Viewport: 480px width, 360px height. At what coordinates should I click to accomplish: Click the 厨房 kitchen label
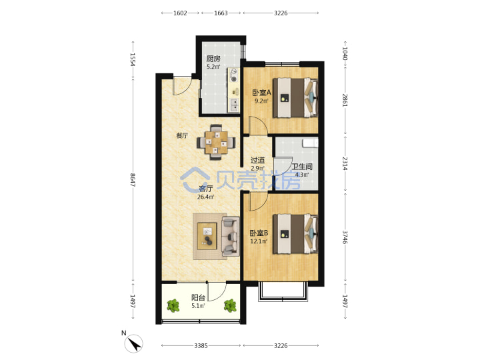pos(213,59)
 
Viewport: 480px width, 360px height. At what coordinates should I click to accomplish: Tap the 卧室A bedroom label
pos(261,92)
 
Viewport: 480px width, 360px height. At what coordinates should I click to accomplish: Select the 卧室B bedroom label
pos(259,233)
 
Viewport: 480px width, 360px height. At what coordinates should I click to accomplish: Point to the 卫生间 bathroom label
pos(302,167)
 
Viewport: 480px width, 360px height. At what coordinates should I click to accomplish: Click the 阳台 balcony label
pos(198,297)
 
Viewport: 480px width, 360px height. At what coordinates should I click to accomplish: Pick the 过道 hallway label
pos(257,160)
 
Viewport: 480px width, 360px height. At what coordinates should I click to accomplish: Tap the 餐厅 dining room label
pos(182,135)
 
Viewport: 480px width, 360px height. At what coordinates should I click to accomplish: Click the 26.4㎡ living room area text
pos(206,197)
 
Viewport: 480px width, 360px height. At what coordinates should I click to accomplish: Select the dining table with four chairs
pos(216,143)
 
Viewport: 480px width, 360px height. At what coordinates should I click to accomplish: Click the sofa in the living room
pos(230,236)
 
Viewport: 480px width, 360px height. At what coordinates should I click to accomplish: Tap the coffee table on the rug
pos(207,236)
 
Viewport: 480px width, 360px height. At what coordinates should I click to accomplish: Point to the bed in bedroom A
pos(295,97)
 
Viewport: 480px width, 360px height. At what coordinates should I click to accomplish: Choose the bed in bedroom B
pos(295,233)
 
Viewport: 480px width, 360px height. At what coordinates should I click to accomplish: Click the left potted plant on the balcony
pos(173,305)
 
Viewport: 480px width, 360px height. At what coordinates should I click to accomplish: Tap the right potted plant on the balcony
pos(230,305)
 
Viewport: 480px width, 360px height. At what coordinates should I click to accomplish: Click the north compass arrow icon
pos(134,343)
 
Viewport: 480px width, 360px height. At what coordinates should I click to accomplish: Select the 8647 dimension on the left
pos(133,180)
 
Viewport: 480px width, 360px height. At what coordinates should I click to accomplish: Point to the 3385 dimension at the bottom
pos(201,345)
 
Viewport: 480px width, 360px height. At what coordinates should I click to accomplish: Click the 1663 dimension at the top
pos(221,13)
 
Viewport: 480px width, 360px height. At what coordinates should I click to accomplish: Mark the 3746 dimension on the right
pos(345,237)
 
